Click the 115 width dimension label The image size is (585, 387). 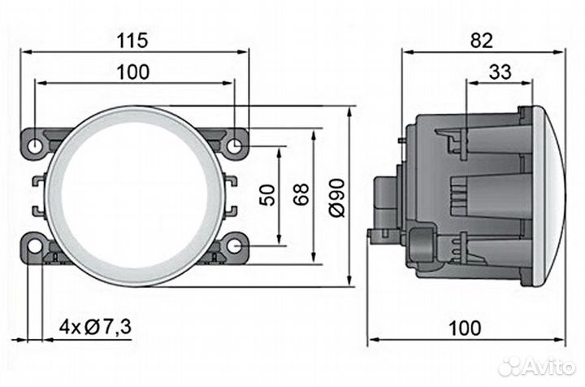(x=133, y=38)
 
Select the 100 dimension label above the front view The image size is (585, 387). (x=133, y=72)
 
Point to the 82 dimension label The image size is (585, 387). (x=483, y=38)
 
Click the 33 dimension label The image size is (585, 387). (x=500, y=72)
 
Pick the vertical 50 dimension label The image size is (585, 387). (x=265, y=195)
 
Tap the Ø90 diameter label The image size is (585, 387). (x=336, y=195)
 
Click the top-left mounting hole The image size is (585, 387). (x=37, y=146)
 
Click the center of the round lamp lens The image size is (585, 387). (x=136, y=195)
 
